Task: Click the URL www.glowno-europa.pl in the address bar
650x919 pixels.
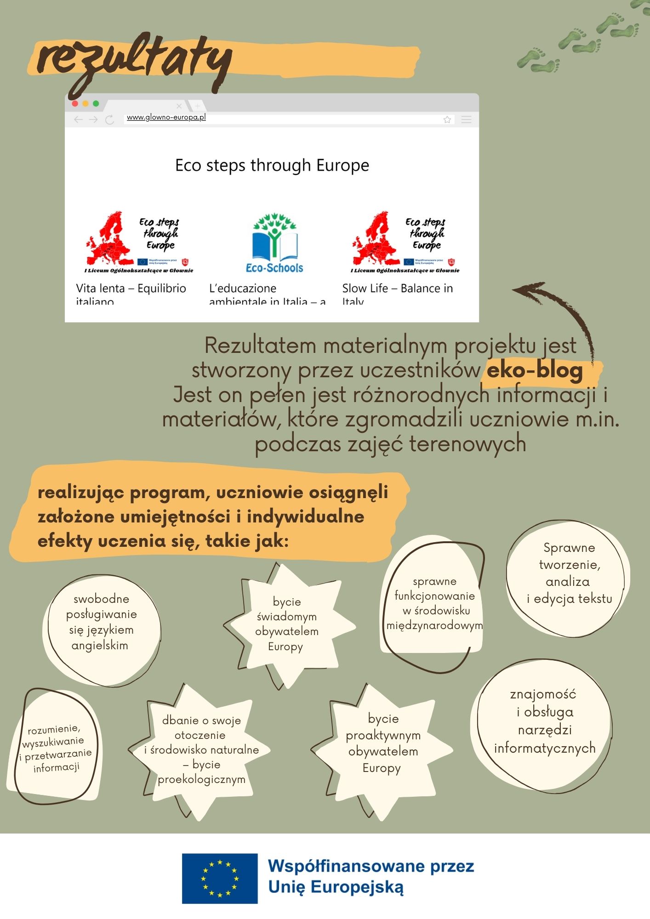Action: coord(166,118)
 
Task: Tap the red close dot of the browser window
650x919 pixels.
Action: coord(75,104)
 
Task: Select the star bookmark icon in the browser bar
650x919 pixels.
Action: coord(447,120)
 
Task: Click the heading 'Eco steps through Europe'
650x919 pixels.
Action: coord(272,165)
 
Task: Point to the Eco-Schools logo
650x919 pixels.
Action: coord(274,243)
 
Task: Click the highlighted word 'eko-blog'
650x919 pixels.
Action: coord(535,370)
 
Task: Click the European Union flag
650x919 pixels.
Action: coord(220,878)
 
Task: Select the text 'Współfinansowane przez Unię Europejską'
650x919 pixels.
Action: coord(371,877)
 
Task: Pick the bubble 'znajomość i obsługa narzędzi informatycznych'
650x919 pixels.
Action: coord(544,721)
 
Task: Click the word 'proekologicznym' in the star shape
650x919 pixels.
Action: coord(201,780)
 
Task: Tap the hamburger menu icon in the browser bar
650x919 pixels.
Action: coord(466,120)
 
